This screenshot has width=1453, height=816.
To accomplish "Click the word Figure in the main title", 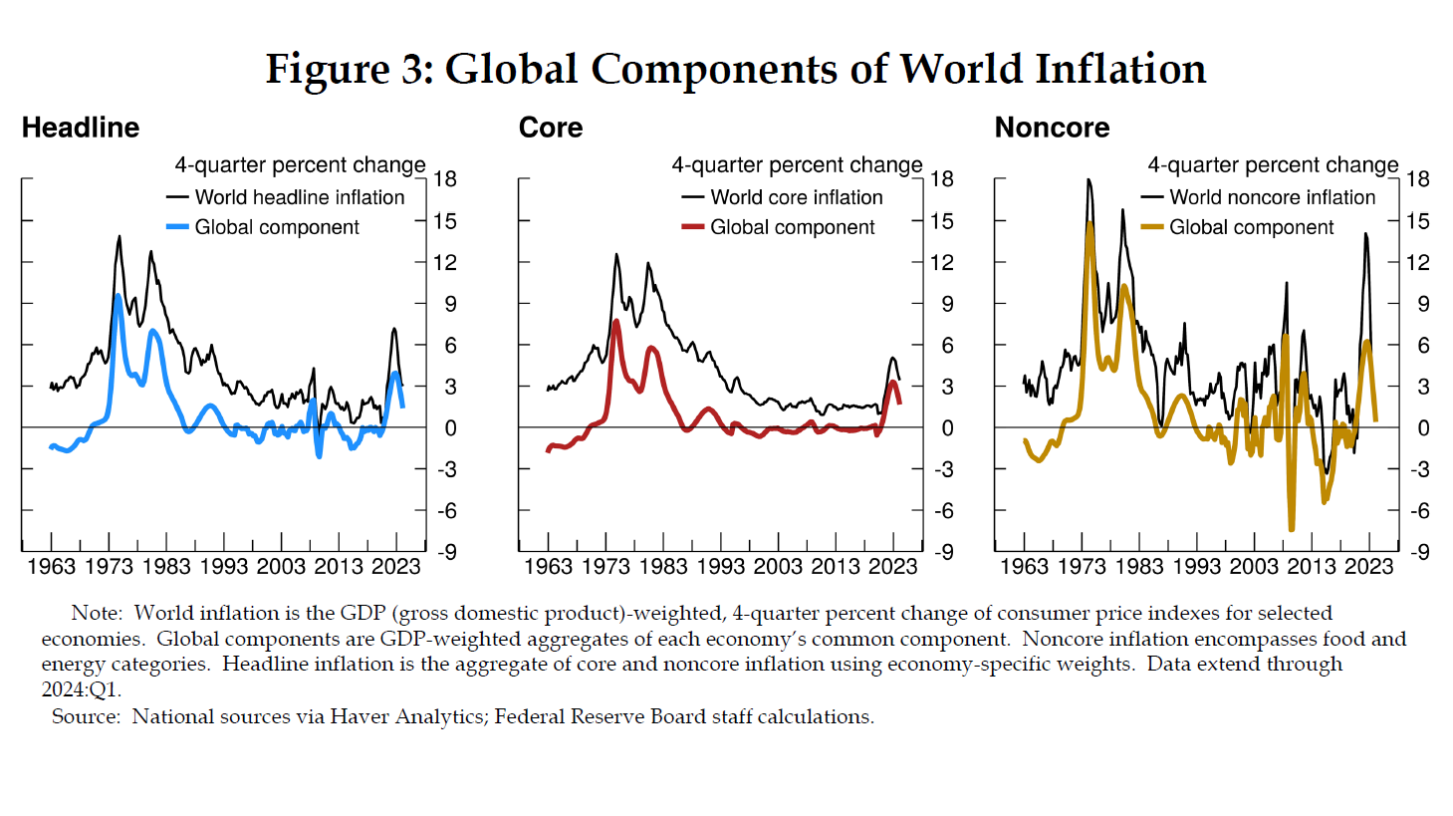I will click(328, 70).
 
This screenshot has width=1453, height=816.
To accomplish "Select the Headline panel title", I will click(81, 128).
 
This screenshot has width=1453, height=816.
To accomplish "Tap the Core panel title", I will click(551, 128).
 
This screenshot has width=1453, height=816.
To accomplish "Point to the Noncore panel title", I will click(1052, 128).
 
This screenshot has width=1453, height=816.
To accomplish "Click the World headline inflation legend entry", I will click(299, 197).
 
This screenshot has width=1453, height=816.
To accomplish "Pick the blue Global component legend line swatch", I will click(177, 227).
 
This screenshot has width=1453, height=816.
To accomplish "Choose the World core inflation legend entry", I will click(796, 197).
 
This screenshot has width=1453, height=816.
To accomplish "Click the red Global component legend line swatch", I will click(693, 227).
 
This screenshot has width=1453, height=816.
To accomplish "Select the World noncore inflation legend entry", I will click(1272, 197).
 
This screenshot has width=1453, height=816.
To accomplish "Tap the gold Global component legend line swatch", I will click(1152, 227).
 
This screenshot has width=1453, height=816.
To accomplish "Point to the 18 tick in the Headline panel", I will click(445, 179).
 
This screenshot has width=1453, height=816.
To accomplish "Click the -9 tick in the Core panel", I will click(941, 552).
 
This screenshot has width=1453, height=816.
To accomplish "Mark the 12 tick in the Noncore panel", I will click(1418, 262).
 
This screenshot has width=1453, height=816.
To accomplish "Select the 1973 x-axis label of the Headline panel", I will click(109, 567).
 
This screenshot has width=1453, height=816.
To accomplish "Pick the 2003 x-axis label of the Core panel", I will click(778, 567).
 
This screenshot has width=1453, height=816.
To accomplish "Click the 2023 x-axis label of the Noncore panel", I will click(1369, 567).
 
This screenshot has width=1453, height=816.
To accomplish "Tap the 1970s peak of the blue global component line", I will click(119, 296).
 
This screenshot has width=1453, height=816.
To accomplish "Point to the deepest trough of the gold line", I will click(1292, 529).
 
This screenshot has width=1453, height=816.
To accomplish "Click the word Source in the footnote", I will click(86, 716).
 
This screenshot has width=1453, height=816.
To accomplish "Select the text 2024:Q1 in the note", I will click(81, 689).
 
